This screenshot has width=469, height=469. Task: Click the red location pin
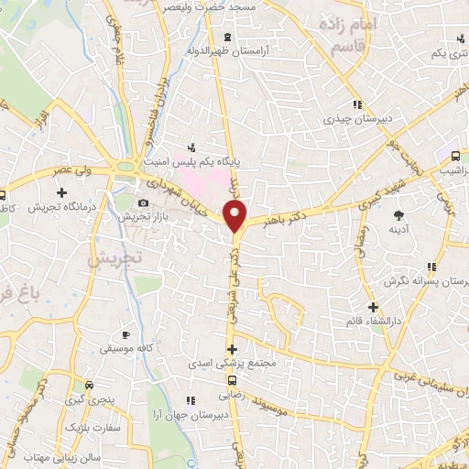[236, 216]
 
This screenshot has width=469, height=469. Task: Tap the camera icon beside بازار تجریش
[142, 203]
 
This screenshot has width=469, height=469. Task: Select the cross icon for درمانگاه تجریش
[61, 192]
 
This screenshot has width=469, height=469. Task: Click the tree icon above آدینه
[398, 215]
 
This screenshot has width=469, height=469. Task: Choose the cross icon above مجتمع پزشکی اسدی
[233, 348]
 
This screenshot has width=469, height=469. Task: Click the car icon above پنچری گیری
[89, 385]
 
